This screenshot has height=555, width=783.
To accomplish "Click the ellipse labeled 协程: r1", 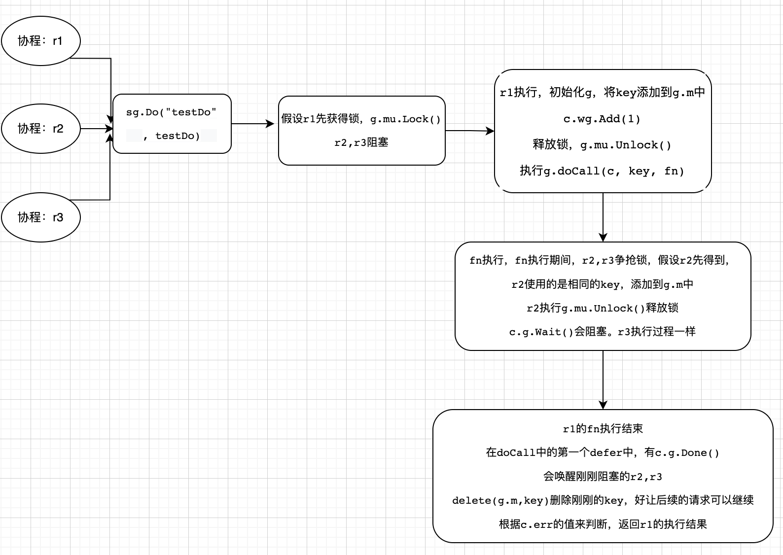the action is tap(41, 41).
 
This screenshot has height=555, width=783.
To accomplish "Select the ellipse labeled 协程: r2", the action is tap(41, 129).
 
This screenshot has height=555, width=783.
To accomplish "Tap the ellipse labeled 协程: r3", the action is tap(41, 217).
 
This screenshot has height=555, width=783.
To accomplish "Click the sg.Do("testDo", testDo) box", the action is tap(172, 124).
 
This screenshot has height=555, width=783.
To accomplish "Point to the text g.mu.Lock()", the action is tap(405, 120).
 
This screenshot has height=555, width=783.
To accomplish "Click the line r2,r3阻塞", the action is tap(361, 142).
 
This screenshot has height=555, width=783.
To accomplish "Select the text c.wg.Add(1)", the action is tap(602, 119).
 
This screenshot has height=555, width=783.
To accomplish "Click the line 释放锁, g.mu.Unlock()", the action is tap(602, 145).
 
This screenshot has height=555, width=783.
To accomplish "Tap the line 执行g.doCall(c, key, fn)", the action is tap(602, 171).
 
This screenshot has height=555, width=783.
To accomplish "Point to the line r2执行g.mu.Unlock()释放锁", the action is tap(602, 308).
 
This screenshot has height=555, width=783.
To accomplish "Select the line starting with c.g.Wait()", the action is tap(602, 332).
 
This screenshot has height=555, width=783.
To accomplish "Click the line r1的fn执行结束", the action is tap(603, 429).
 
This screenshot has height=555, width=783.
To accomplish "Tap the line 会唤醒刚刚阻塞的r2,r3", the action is tap(603, 477).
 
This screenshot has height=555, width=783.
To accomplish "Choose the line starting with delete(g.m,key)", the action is tap(603, 500).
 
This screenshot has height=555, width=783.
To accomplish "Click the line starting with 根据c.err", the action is tap(603, 524).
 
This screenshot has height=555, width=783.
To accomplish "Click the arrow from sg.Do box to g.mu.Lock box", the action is tap(253, 124).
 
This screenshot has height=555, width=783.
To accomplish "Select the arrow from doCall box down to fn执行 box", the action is tap(603, 217).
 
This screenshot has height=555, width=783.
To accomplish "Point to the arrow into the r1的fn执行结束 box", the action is tap(603, 380).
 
